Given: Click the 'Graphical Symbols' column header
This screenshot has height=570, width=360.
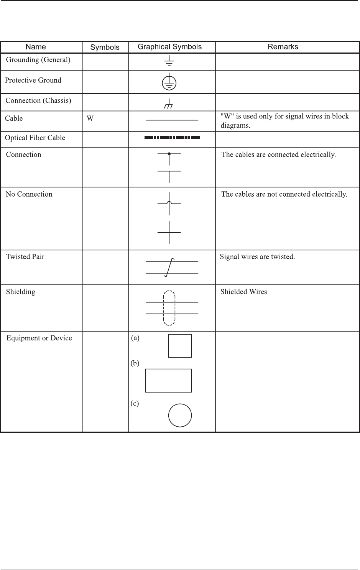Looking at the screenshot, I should click(x=169, y=47).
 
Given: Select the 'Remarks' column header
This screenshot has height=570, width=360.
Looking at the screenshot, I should click(x=283, y=47).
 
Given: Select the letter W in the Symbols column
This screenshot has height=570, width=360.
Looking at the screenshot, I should click(x=90, y=118).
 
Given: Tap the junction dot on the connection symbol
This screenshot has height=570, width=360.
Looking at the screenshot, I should click(x=169, y=154).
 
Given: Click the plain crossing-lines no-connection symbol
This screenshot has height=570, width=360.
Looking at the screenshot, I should click(x=169, y=232).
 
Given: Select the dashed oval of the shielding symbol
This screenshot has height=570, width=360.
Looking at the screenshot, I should click(x=169, y=308).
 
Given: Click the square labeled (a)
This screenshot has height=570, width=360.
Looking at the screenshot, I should click(x=180, y=346).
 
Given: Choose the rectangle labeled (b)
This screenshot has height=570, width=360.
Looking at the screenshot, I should click(x=168, y=380).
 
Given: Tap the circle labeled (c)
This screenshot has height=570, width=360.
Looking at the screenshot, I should click(x=180, y=415).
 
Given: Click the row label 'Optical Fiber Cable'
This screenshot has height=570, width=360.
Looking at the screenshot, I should click(x=35, y=138).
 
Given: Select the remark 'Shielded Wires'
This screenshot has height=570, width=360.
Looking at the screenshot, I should click(x=243, y=292).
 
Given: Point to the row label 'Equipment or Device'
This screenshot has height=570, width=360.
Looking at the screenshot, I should click(x=39, y=338).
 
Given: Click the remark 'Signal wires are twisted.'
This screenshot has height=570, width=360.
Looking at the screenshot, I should click(x=257, y=257).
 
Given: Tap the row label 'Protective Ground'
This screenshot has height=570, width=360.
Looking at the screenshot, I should click(x=33, y=80).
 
